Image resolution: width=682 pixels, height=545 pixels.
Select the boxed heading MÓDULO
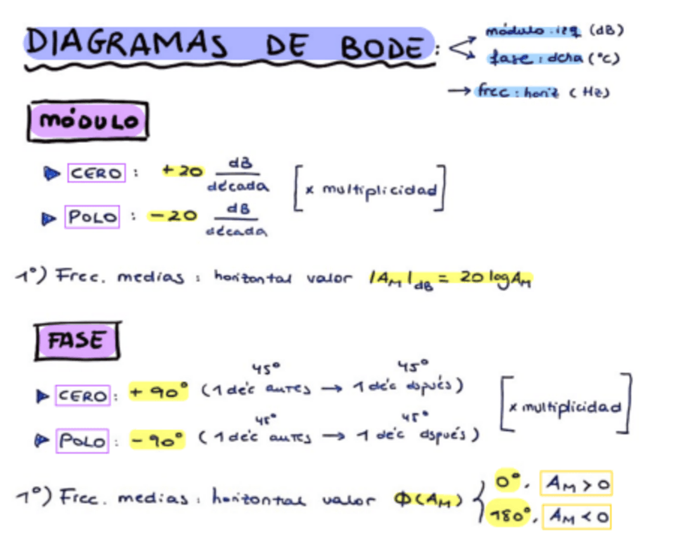pyautogui.click(x=88, y=122)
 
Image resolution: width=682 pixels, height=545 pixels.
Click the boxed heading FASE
pyautogui.click(x=77, y=340)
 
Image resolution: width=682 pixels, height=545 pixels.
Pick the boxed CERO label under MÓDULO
pyautogui.click(x=97, y=173)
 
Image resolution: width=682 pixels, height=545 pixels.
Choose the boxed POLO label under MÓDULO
pyautogui.click(x=92, y=216)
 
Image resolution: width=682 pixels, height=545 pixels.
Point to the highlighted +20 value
pyautogui.click(x=182, y=170)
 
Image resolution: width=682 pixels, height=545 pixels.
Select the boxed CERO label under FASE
pyautogui.click(x=83, y=395)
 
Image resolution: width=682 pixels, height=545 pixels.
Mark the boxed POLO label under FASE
pyautogui.click(x=81, y=441)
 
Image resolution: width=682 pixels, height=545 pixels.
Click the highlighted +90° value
pyautogui.click(x=159, y=391)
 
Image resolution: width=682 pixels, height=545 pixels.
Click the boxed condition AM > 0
pyautogui.click(x=576, y=483)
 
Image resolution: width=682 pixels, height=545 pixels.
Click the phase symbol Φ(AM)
pyautogui.click(x=428, y=499)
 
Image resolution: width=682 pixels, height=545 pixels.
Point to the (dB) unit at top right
pyautogui.click(x=606, y=31)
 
